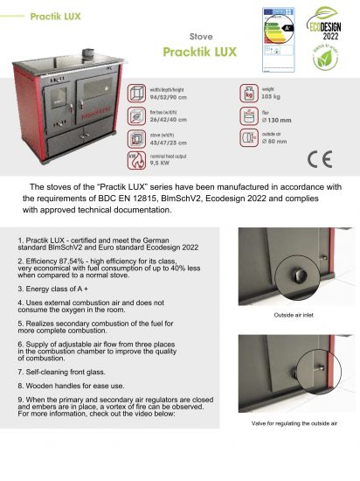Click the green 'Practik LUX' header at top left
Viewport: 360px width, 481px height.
(x=55, y=17)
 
